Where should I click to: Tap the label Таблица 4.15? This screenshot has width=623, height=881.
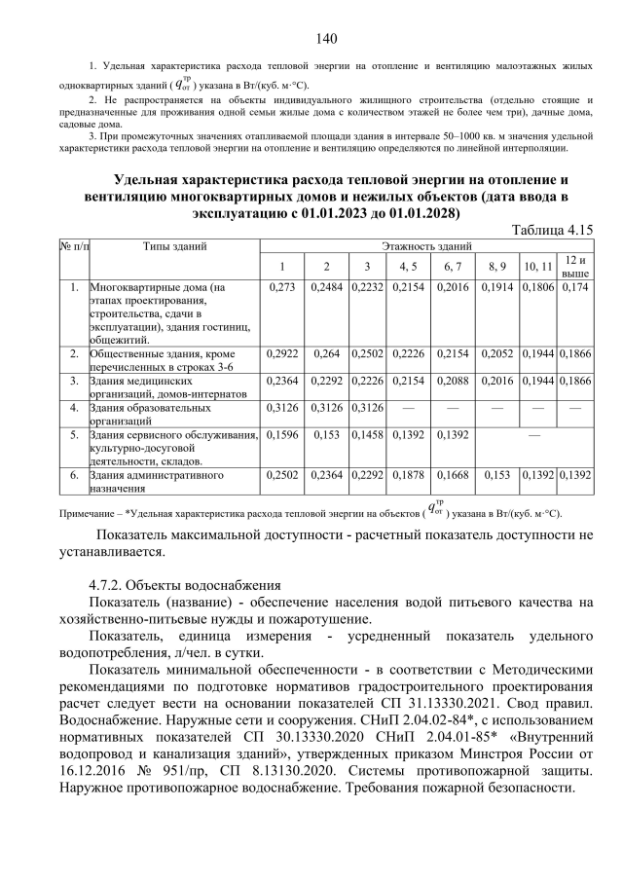(x=552, y=229)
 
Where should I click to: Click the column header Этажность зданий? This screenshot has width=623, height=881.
(x=426, y=246)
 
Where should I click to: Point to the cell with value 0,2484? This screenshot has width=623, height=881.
(x=326, y=288)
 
